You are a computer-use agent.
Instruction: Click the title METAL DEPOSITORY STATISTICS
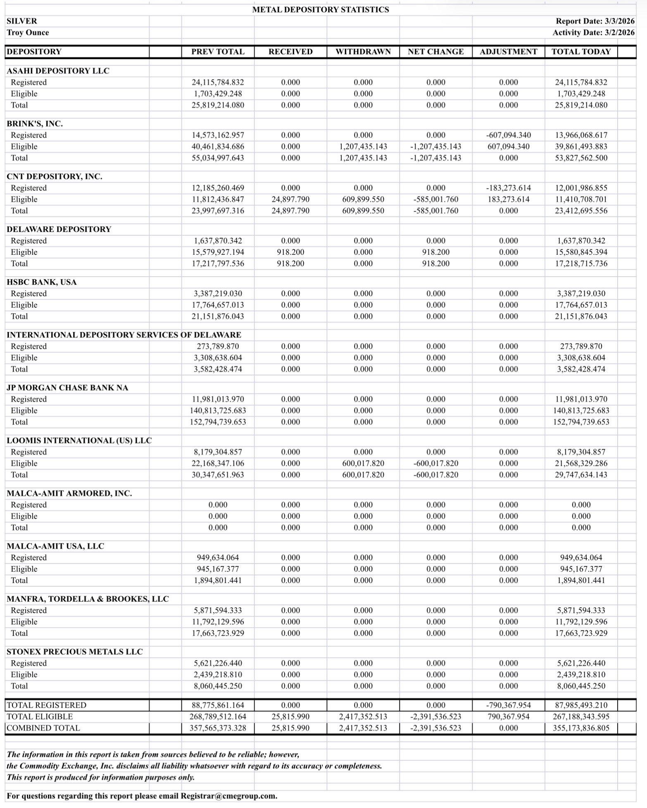(x=320, y=9)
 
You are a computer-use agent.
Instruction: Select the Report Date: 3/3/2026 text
(x=595, y=21)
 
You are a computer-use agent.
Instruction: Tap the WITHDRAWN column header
(x=363, y=52)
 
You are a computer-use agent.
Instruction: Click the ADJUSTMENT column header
(x=508, y=52)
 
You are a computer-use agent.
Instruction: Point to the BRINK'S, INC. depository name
(x=35, y=123)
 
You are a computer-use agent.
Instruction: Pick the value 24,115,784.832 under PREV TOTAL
(x=218, y=82)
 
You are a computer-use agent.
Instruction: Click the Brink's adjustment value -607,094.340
(x=508, y=135)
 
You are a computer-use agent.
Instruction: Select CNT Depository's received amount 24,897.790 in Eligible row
(x=290, y=199)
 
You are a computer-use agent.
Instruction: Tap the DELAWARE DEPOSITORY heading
(x=59, y=229)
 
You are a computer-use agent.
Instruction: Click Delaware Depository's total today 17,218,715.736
(x=581, y=263)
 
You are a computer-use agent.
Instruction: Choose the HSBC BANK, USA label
(x=41, y=282)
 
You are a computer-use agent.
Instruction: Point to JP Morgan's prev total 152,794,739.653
(x=218, y=422)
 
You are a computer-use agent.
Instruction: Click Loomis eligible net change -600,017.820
(x=435, y=463)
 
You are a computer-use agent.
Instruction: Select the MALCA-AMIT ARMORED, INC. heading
(x=69, y=493)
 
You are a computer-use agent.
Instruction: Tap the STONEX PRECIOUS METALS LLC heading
(x=74, y=652)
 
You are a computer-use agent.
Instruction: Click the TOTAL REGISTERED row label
(x=46, y=705)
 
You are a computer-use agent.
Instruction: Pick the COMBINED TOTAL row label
(x=43, y=728)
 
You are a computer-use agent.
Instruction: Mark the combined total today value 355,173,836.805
(x=581, y=728)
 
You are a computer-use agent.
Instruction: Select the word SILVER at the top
(x=21, y=21)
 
